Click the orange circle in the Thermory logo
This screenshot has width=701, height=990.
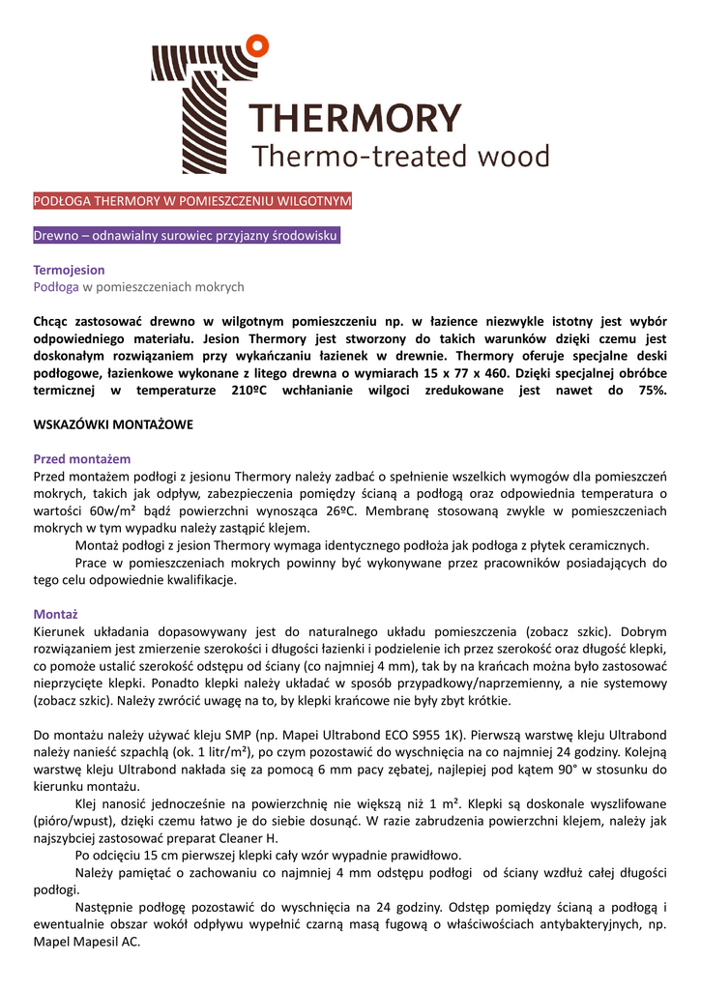(257, 43)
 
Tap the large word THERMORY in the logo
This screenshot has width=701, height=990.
(355, 119)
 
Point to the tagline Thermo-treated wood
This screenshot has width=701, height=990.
(399, 156)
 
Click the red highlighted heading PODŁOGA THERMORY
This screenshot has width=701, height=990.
(192, 201)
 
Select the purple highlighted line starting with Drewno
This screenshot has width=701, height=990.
(187, 236)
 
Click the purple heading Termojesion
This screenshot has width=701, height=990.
(69, 270)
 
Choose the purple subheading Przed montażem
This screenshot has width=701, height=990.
(81, 459)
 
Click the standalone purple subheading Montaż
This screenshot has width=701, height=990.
(55, 614)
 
